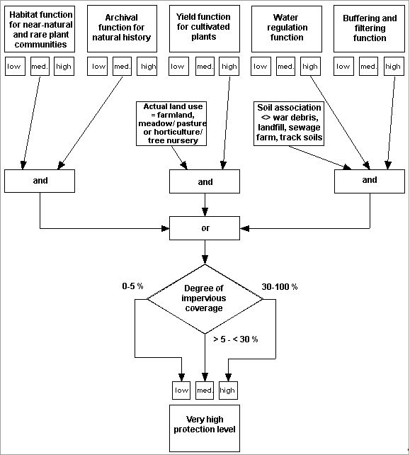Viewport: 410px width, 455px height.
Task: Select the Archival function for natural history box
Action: click(122, 28)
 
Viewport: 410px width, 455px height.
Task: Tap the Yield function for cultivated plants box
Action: click(204, 28)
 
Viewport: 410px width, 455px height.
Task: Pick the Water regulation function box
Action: click(286, 28)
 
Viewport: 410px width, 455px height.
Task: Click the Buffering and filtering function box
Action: click(369, 28)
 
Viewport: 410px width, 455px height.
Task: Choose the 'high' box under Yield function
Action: click(229, 67)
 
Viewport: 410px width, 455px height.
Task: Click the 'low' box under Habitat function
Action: click(15, 67)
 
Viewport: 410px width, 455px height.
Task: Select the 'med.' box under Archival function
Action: click(123, 67)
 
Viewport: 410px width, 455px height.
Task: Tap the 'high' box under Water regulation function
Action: click(310, 67)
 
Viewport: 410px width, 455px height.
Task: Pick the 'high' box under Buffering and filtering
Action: click(393, 67)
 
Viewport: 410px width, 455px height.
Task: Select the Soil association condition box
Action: click(289, 123)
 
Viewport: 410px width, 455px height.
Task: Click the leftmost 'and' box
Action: click(40, 181)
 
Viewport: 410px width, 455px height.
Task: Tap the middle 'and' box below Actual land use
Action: click(205, 181)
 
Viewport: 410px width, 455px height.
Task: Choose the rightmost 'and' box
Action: click(370, 181)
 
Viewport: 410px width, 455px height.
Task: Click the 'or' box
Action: click(205, 229)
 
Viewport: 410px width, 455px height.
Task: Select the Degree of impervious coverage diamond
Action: click(205, 298)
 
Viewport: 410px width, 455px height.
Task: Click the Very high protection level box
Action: click(205, 424)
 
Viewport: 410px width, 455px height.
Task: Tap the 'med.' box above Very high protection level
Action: click(205, 391)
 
